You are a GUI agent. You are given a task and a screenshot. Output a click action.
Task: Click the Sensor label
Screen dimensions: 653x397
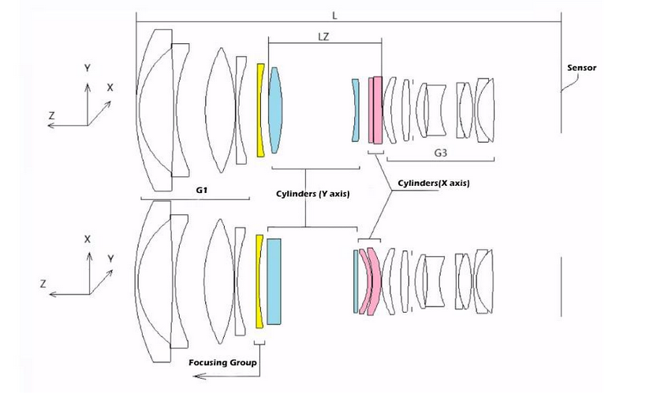click(x=581, y=68)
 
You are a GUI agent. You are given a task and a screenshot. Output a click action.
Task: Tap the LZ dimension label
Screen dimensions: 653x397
click(x=323, y=37)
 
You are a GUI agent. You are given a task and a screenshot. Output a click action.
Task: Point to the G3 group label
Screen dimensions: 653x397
click(x=441, y=153)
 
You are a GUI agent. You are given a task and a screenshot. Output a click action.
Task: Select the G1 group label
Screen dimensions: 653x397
click(x=202, y=190)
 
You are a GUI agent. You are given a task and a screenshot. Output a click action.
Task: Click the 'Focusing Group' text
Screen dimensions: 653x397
click(x=222, y=362)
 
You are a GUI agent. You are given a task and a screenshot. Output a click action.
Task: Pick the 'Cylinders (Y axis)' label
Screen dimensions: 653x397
click(x=313, y=194)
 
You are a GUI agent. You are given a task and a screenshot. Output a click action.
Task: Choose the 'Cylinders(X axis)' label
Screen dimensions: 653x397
click(x=434, y=183)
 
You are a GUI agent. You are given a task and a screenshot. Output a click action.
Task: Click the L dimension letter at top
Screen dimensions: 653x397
click(x=334, y=16)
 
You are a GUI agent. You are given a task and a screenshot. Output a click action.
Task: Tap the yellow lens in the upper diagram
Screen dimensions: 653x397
click(x=260, y=110)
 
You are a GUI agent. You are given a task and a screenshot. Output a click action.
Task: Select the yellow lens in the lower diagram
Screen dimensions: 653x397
click(x=259, y=282)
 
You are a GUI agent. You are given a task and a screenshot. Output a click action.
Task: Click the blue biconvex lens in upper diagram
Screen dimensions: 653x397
click(x=274, y=110)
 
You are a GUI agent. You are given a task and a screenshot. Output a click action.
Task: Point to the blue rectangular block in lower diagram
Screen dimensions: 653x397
click(x=274, y=281)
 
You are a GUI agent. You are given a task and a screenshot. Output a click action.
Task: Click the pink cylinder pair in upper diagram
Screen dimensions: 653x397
click(x=375, y=110)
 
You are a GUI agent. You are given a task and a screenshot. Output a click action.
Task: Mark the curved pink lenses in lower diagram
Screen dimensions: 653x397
click(x=370, y=281)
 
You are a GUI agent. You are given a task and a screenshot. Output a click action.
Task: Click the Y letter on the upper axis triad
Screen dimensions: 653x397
click(x=87, y=69)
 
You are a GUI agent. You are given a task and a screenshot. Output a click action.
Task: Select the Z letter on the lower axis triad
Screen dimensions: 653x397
click(x=43, y=284)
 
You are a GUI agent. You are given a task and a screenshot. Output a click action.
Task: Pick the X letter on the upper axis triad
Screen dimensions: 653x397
click(x=110, y=87)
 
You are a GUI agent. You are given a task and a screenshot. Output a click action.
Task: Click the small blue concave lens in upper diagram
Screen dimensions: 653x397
click(x=355, y=110)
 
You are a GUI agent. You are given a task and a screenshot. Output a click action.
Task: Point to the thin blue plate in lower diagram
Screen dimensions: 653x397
click(x=356, y=281)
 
